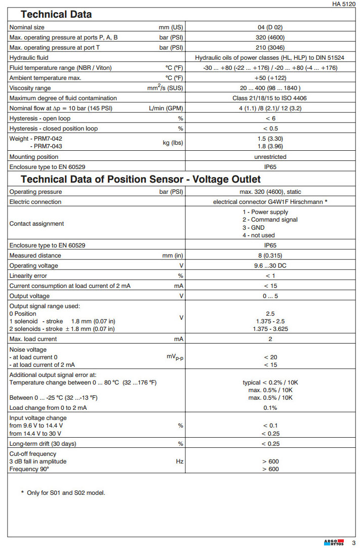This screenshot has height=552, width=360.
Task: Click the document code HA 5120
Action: [x=344, y=4]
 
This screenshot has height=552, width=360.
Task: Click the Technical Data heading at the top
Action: [x=56, y=14]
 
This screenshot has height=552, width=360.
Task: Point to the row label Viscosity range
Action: [x=30, y=88]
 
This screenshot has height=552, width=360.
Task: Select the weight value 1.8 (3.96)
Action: [x=271, y=146]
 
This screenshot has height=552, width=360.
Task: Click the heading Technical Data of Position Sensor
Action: [x=141, y=179]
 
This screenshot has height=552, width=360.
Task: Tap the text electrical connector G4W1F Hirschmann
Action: [x=270, y=202]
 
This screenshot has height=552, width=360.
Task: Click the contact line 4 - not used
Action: [x=258, y=235]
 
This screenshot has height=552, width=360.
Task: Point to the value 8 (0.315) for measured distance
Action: [x=270, y=256]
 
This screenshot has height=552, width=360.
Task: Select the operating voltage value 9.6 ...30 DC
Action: [x=270, y=266]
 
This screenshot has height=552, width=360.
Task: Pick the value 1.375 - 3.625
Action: [x=270, y=329]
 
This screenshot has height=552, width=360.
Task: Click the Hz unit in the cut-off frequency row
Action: [x=179, y=461]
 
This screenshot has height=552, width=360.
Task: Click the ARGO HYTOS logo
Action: [x=334, y=542]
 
